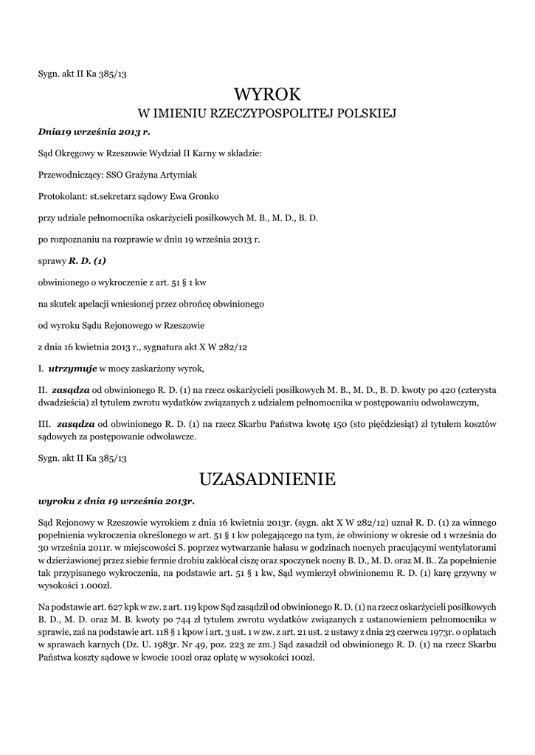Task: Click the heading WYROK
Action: click(267, 94)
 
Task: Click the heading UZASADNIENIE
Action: click(267, 480)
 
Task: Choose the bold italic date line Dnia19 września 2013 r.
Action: click(94, 132)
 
